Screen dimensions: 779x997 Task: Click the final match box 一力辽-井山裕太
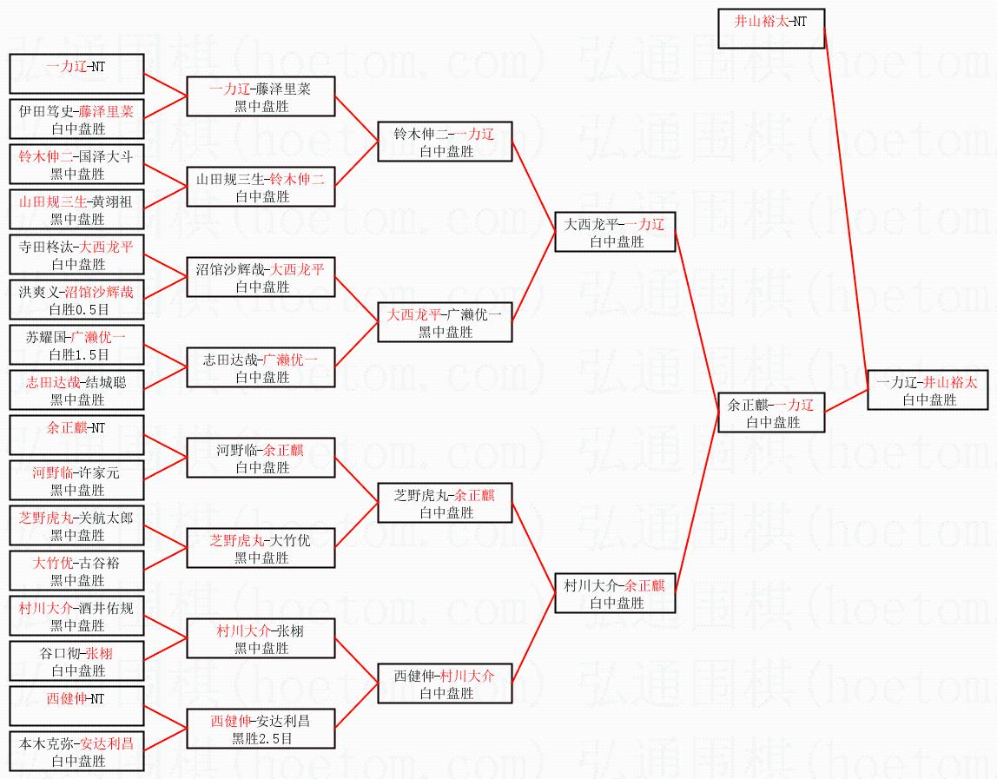(928, 390)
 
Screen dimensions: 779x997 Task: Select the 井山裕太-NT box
(771, 30)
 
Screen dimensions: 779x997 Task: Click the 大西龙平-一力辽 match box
(615, 232)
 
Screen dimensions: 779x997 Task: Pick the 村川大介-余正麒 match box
(615, 593)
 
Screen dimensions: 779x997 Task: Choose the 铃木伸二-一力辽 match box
(445, 142)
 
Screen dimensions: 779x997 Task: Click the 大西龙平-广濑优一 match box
(445, 322)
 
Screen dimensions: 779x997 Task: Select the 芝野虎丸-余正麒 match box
(445, 503)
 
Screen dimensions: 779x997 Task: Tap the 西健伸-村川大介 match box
(445, 683)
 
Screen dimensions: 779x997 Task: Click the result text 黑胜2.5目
(261, 739)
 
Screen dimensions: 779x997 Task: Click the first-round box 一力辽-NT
(76, 74)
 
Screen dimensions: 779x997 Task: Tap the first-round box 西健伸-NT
(76, 706)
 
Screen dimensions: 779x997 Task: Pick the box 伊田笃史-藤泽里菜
(76, 119)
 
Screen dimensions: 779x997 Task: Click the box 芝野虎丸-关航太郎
(76, 525)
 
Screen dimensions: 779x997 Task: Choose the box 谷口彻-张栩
(76, 661)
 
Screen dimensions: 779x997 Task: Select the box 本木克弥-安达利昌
(76, 751)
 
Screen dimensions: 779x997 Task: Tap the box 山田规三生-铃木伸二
(261, 187)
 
